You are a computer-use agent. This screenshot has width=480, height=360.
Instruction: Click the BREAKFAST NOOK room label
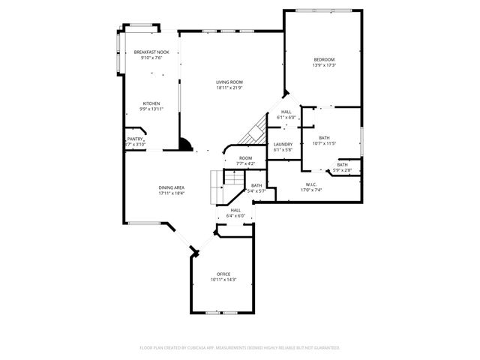point(151,52)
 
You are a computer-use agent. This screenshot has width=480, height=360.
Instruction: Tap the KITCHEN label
point(151,103)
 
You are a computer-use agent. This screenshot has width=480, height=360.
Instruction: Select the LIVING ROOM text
point(229,82)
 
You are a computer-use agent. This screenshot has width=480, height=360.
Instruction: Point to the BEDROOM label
point(324,59)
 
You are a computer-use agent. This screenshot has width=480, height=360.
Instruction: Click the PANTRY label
point(134,139)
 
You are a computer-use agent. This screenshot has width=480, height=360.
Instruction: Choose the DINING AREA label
point(171,187)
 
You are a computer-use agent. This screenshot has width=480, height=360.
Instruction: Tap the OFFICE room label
point(223,274)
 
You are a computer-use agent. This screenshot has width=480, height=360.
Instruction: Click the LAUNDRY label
point(283,144)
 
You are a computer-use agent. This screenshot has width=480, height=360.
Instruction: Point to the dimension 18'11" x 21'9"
point(229,88)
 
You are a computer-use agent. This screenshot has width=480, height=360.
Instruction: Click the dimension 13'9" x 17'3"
point(324,65)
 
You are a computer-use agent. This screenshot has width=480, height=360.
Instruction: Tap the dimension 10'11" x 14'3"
point(223,280)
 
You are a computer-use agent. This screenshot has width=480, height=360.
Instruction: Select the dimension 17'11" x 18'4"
point(171,193)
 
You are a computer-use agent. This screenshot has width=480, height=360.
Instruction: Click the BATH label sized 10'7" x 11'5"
point(324,137)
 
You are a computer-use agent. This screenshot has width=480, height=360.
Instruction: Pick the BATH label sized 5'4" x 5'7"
point(256,185)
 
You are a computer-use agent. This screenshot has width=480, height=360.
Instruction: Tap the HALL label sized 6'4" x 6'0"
point(235,210)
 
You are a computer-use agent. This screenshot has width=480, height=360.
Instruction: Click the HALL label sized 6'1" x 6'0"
point(286,112)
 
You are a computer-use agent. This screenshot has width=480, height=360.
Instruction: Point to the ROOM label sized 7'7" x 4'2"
point(245,157)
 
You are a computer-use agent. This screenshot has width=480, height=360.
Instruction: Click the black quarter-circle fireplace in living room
point(184,145)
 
